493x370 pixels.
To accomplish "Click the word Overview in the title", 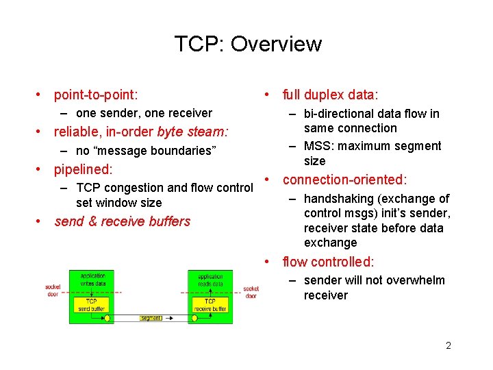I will [276, 44].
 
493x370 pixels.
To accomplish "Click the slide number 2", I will [448, 345].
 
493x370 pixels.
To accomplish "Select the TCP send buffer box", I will [91, 305].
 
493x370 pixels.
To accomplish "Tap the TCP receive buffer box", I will [210, 305].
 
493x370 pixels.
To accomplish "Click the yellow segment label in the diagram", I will [151, 318].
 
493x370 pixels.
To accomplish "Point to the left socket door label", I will [53, 290].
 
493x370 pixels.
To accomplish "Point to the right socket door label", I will [251, 292].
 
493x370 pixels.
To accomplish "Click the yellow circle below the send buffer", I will [108, 318].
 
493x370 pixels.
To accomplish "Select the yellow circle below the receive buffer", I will [194, 318].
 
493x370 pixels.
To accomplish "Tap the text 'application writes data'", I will [92, 280].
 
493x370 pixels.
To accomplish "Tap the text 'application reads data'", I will [210, 280].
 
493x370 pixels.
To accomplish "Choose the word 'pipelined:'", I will [83, 169].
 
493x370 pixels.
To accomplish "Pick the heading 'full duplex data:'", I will [331, 95].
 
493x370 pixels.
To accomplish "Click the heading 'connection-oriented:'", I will [345, 180].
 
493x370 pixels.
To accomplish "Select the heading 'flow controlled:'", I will [329, 262].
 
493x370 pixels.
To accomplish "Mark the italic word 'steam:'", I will [207, 132].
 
